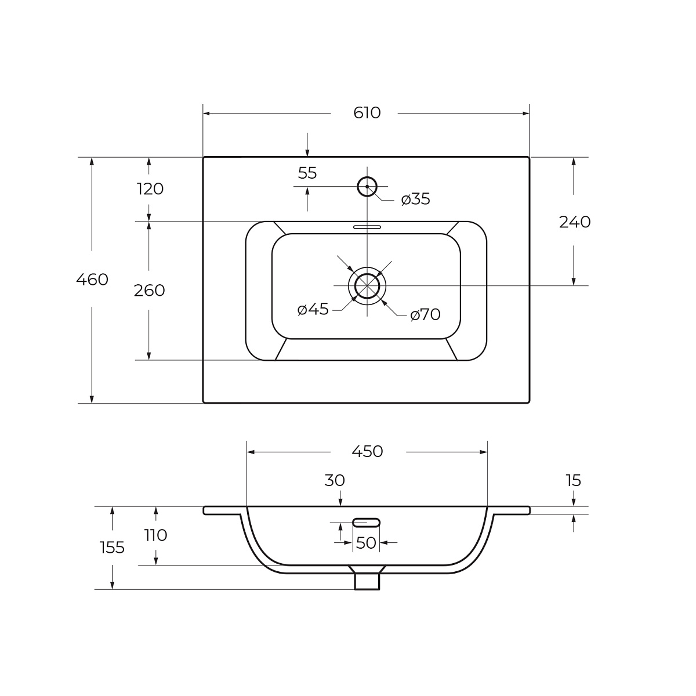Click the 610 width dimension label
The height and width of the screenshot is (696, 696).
tap(367, 113)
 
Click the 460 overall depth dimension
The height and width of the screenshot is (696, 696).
tap(92, 280)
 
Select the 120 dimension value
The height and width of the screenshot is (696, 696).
tap(150, 189)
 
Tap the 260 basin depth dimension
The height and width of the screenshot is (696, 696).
tap(150, 290)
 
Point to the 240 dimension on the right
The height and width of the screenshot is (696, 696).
tap(574, 222)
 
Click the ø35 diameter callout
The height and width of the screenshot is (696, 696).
tap(416, 200)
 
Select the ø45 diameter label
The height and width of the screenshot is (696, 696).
tap(313, 310)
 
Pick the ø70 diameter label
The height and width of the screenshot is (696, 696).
tap(425, 315)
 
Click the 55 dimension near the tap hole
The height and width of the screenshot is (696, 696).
tap(307, 173)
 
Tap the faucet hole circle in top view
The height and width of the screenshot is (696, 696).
tap(367, 186)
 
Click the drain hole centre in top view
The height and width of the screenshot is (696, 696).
tap(367, 285)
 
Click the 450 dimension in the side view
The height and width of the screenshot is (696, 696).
tap(367, 451)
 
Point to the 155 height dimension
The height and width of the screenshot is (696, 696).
tap(112, 547)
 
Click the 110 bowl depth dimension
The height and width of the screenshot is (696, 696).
tap(155, 535)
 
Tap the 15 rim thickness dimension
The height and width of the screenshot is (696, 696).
tap(573, 480)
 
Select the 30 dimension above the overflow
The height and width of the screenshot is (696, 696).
tap(335, 480)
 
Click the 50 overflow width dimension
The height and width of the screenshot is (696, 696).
tap(367, 543)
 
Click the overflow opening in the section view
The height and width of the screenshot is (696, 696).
tap(367, 523)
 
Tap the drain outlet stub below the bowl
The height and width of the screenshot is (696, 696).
tap(367, 580)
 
